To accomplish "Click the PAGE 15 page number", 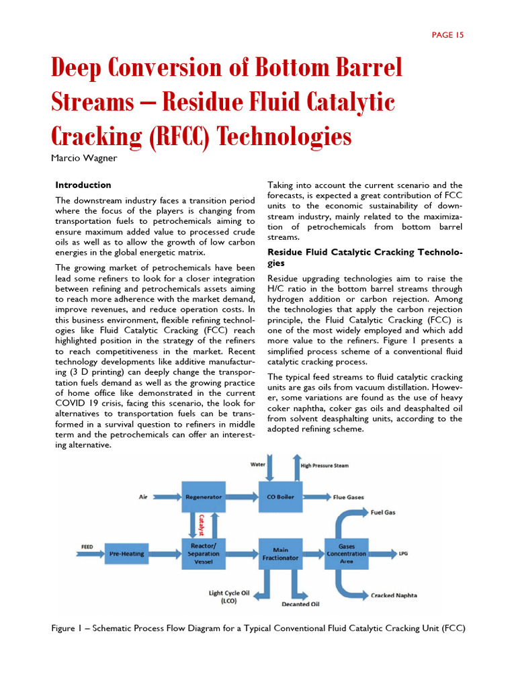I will click(x=447, y=35).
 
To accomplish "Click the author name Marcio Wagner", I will click(x=83, y=159).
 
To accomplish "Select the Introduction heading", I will click(x=83, y=185).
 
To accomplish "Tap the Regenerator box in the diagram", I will click(x=203, y=497).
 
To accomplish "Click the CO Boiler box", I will click(x=280, y=497).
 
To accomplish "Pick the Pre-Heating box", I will click(x=127, y=554).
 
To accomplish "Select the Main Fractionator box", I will click(x=280, y=554).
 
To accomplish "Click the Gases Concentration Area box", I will click(x=347, y=554).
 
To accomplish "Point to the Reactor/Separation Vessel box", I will click(x=203, y=554).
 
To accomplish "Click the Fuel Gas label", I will click(x=384, y=512).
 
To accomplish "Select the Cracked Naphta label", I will click(x=394, y=595).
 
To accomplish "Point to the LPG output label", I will click(x=403, y=554).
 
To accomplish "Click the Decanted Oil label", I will click(x=300, y=604).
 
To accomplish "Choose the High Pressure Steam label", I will click(x=325, y=465).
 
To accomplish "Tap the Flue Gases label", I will click(x=349, y=497).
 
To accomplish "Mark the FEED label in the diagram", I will click(x=87, y=547).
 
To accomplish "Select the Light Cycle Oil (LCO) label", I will click(x=229, y=597).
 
